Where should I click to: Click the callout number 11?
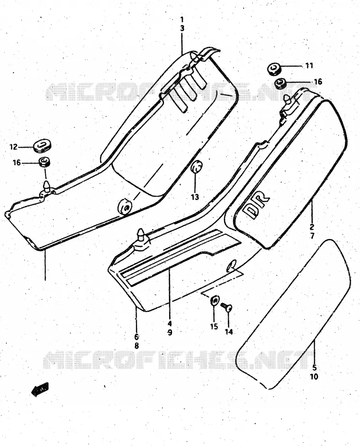click(x=309, y=65)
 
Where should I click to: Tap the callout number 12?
click(x=13, y=147)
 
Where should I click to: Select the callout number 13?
click(x=195, y=197)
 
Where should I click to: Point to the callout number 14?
click(x=229, y=332)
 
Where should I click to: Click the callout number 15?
click(x=214, y=326)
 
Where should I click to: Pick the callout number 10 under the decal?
click(x=314, y=377)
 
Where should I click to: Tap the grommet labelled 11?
click(x=274, y=69)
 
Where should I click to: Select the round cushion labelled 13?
click(x=196, y=167)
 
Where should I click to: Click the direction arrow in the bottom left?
click(x=40, y=389)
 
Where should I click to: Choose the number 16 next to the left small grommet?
click(x=17, y=163)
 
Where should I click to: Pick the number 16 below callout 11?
click(x=318, y=82)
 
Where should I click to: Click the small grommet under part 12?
click(x=45, y=162)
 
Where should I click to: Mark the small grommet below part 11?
click(x=281, y=83)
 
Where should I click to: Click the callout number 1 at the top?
click(x=182, y=20)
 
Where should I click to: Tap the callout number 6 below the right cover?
click(x=137, y=336)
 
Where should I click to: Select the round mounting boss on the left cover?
click(x=125, y=206)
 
